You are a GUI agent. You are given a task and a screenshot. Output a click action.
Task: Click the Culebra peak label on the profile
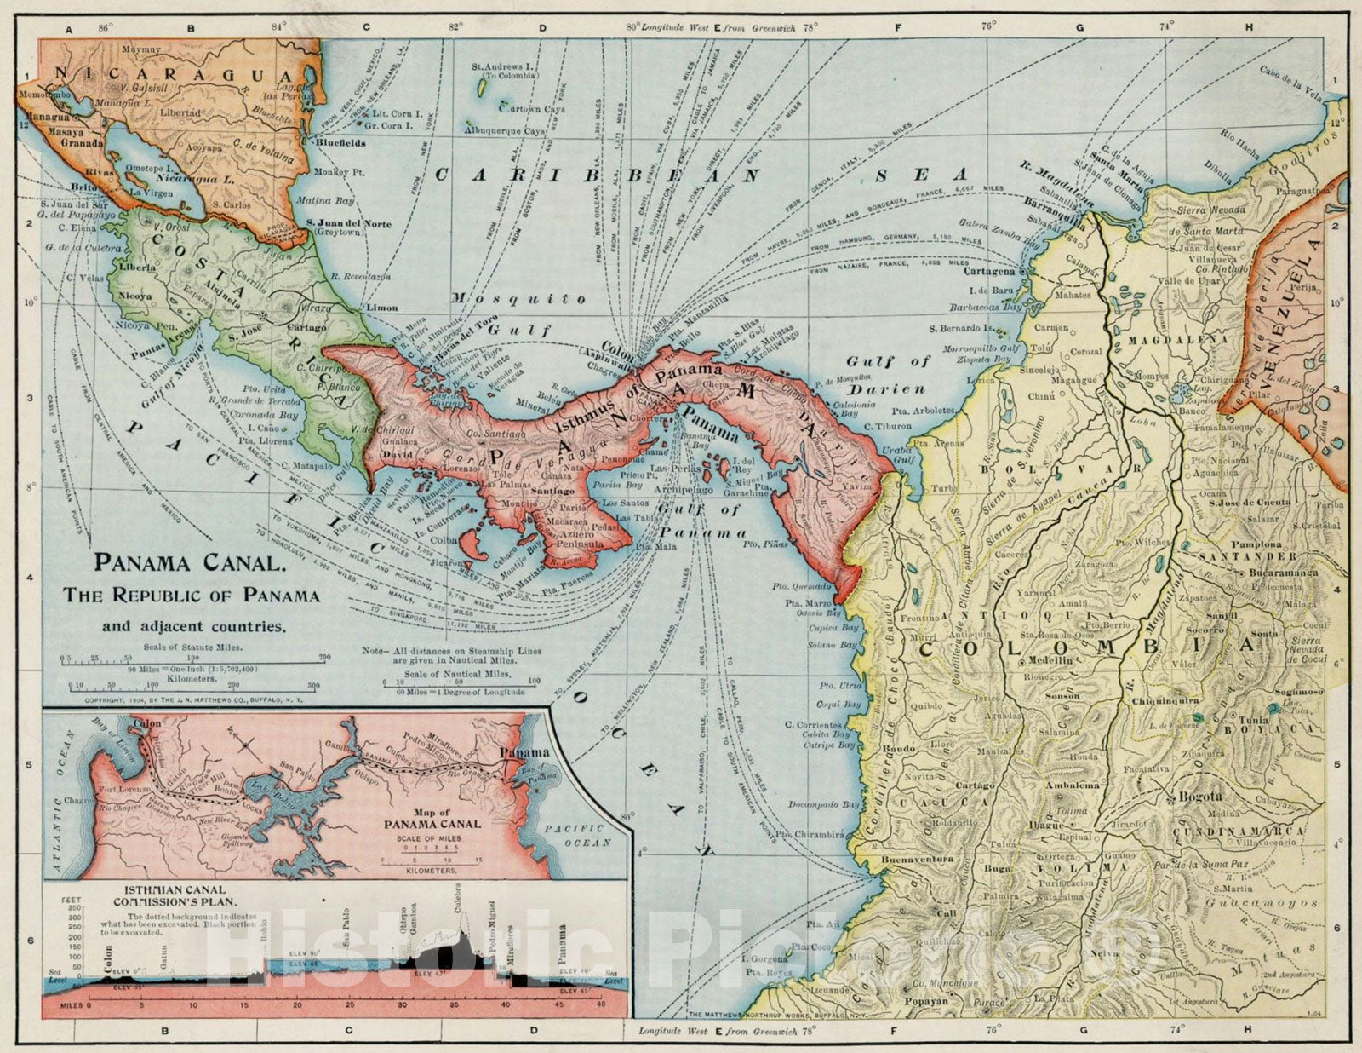[x=463, y=911]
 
